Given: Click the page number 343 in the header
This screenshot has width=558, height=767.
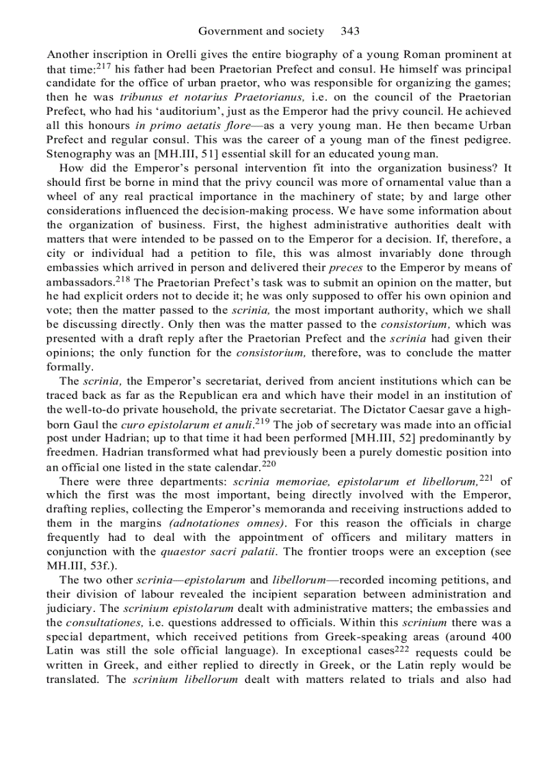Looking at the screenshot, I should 350,31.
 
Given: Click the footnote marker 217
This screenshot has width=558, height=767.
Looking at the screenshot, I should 104,67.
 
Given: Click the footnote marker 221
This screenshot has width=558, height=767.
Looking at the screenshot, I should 486,477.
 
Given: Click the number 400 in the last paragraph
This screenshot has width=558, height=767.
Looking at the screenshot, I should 500,638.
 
